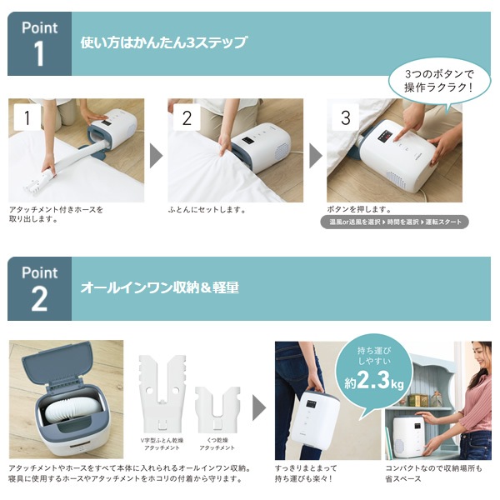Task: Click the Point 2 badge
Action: [x=39, y=287]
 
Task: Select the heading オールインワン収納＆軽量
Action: [x=159, y=287]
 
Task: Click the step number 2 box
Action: [x=186, y=117]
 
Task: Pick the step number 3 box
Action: [x=345, y=117]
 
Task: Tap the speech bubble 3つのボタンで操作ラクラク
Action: [x=439, y=80]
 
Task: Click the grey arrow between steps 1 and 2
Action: [x=156, y=156]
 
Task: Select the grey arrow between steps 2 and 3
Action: [x=316, y=156]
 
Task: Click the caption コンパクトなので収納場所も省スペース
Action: [x=433, y=473]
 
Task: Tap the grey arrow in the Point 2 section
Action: [x=259, y=406]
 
